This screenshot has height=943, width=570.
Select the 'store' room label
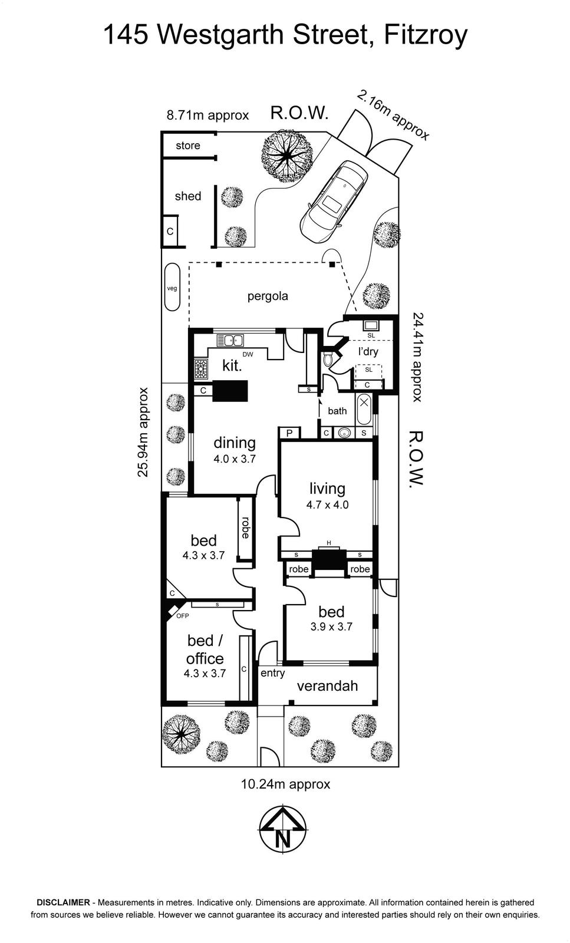(x=188, y=146)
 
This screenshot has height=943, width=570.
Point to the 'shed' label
(x=188, y=196)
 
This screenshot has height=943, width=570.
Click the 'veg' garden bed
(x=172, y=287)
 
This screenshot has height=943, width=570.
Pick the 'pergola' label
(x=268, y=296)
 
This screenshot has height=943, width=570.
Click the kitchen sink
(x=230, y=339)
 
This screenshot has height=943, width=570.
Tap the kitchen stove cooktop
(x=201, y=369)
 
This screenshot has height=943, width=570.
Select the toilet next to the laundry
(x=328, y=360)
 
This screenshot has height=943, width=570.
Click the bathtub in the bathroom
(x=364, y=410)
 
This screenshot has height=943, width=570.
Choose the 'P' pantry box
(x=289, y=433)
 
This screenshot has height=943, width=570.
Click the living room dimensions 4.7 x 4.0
(x=327, y=505)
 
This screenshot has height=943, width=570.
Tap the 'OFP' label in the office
(x=182, y=616)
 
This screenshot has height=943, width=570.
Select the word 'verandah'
(x=327, y=686)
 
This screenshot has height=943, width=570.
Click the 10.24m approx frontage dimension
(x=285, y=784)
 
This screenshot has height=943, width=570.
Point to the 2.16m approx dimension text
(x=393, y=115)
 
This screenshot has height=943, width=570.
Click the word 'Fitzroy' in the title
(x=426, y=35)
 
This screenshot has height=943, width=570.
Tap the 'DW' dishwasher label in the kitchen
(x=248, y=354)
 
